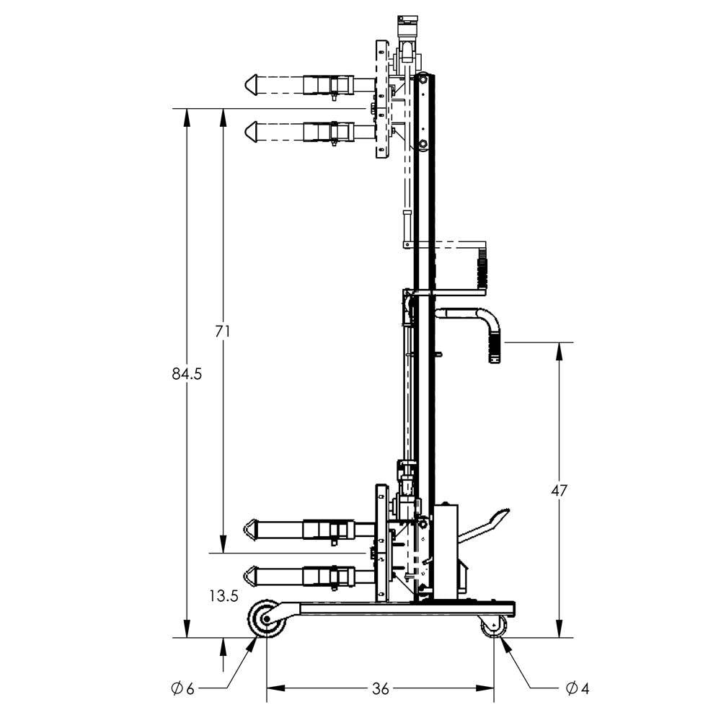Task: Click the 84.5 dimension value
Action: (186, 373)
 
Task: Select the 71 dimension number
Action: (223, 332)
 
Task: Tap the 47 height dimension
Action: (559, 491)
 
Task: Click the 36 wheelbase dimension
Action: (381, 689)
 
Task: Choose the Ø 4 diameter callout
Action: (578, 689)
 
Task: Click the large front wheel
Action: (265, 621)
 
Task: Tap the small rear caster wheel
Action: (494, 627)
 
